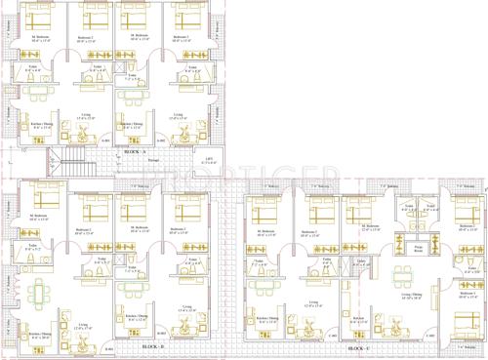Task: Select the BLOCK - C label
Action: [x=358, y=347]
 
